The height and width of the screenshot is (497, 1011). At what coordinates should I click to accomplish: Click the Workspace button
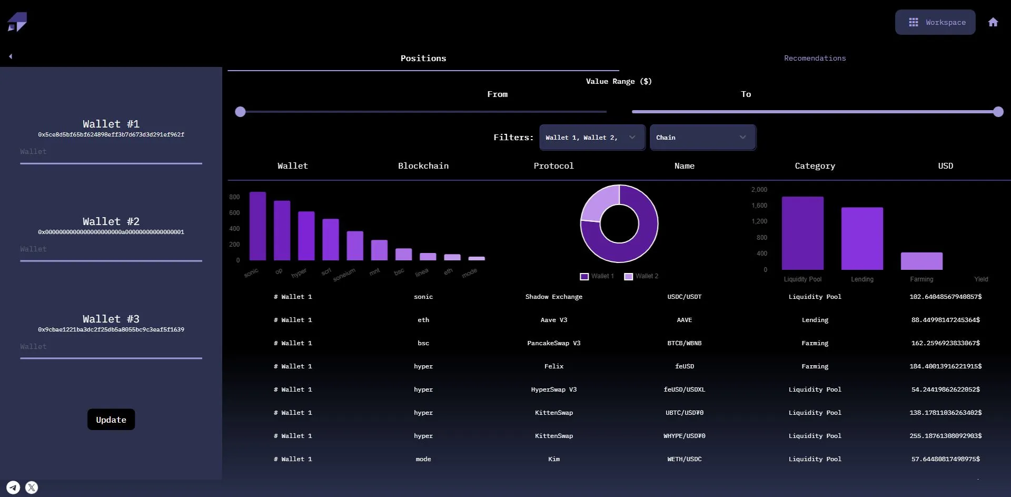point(935,22)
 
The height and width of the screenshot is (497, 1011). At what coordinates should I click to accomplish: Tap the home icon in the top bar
point(993,22)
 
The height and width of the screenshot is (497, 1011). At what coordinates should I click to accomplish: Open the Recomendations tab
point(815,58)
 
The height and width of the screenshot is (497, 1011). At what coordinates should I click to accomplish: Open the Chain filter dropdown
point(702,138)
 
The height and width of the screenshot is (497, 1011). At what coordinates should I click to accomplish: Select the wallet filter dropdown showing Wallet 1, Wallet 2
point(592,138)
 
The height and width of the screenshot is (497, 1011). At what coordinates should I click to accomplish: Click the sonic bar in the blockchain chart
point(257,226)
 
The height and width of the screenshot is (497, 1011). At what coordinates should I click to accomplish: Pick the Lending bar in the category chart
point(862,238)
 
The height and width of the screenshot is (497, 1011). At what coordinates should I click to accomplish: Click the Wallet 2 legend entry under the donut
point(641,276)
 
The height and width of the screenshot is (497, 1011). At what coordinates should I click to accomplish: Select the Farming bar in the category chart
point(921,261)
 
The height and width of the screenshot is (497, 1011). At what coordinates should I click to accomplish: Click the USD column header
point(945,165)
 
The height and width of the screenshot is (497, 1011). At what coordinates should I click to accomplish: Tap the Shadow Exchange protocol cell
point(554,297)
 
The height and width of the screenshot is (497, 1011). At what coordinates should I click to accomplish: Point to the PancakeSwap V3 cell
point(554,343)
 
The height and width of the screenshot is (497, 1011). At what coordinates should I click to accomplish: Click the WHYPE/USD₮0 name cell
point(684,436)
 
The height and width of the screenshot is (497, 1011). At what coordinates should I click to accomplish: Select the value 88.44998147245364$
point(945,320)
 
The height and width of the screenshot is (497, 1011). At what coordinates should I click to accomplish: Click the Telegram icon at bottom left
point(13,488)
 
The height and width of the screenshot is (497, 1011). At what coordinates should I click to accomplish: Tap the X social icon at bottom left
point(32,488)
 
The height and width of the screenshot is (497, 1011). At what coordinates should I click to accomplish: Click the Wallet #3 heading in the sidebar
point(111,319)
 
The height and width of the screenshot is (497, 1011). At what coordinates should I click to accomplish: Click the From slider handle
point(240,112)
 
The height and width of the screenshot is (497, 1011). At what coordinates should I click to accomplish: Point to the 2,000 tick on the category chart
point(759,190)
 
